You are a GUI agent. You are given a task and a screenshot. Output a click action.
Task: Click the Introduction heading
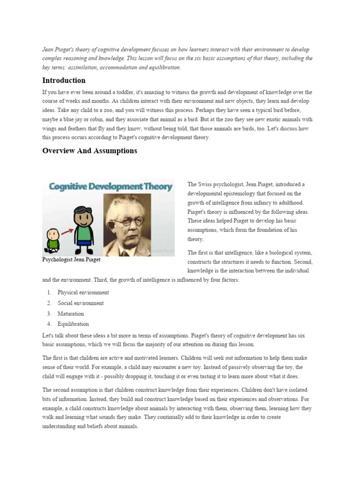click(64, 80)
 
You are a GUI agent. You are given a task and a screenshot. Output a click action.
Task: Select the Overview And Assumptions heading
click(90, 150)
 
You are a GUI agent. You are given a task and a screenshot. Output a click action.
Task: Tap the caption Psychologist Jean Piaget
click(71, 259)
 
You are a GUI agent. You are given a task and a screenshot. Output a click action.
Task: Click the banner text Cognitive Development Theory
click(108, 186)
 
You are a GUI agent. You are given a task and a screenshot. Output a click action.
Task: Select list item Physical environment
click(83, 292)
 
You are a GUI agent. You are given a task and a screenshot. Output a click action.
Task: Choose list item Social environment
click(81, 303)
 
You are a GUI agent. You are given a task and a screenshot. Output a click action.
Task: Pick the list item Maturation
click(71, 314)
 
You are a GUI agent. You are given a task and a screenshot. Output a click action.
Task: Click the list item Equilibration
click(73, 324)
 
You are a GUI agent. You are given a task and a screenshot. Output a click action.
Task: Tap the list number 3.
click(49, 314)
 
